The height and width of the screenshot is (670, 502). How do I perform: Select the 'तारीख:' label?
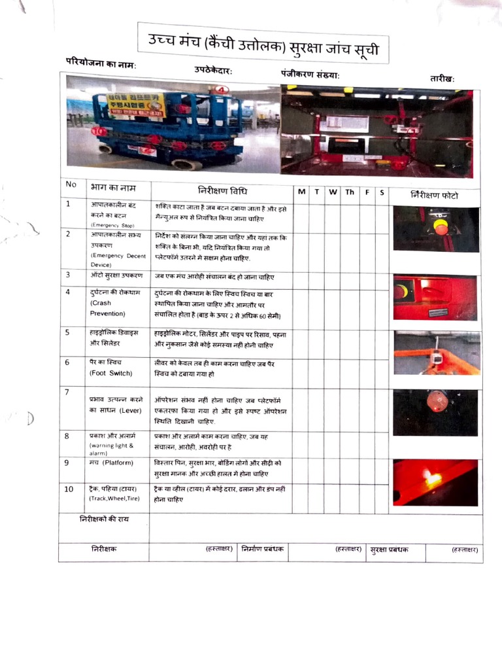(x=442, y=79)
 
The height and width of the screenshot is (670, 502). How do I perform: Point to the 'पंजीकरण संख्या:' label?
(x=310, y=73)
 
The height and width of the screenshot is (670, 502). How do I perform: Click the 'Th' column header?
(x=350, y=192)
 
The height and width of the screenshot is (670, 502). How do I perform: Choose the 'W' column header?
(x=333, y=192)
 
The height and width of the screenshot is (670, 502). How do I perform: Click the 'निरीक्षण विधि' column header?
(x=222, y=190)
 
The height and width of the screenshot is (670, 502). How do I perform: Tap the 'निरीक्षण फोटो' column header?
(x=435, y=195)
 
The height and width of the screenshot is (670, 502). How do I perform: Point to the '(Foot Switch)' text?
(x=110, y=373)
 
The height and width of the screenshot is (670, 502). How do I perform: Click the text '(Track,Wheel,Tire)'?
(x=115, y=499)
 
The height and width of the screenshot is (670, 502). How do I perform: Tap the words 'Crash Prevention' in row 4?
(x=107, y=308)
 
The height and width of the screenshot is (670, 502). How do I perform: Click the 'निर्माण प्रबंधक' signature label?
(x=262, y=549)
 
